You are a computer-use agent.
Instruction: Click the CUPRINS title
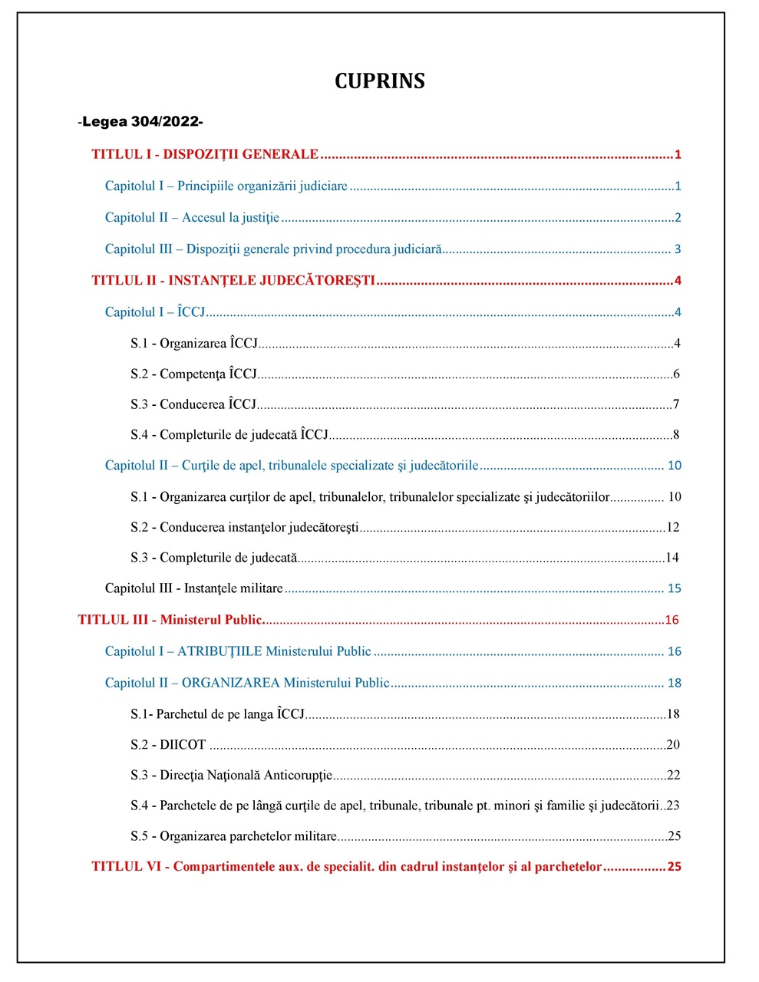click(x=379, y=81)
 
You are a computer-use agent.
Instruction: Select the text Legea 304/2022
click(x=140, y=122)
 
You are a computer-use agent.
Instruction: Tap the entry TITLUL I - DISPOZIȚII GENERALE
click(x=205, y=154)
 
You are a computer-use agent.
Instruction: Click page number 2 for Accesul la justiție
click(x=678, y=218)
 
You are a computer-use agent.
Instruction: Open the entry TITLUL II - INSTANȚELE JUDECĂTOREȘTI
click(x=233, y=281)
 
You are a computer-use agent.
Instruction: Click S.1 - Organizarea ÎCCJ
click(x=194, y=344)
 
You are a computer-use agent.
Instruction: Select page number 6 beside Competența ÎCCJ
click(x=676, y=374)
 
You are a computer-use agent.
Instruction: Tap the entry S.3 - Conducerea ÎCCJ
click(x=193, y=404)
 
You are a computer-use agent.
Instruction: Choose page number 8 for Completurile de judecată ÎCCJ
click(x=676, y=435)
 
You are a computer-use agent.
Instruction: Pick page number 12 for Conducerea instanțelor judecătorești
click(x=672, y=527)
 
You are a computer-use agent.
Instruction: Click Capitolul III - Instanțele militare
click(x=194, y=588)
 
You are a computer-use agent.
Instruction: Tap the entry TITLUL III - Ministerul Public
click(x=170, y=620)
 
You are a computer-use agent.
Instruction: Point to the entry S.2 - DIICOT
click(x=168, y=745)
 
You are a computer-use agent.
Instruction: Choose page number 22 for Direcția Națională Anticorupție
click(x=673, y=776)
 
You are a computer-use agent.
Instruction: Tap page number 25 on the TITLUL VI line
click(x=674, y=867)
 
